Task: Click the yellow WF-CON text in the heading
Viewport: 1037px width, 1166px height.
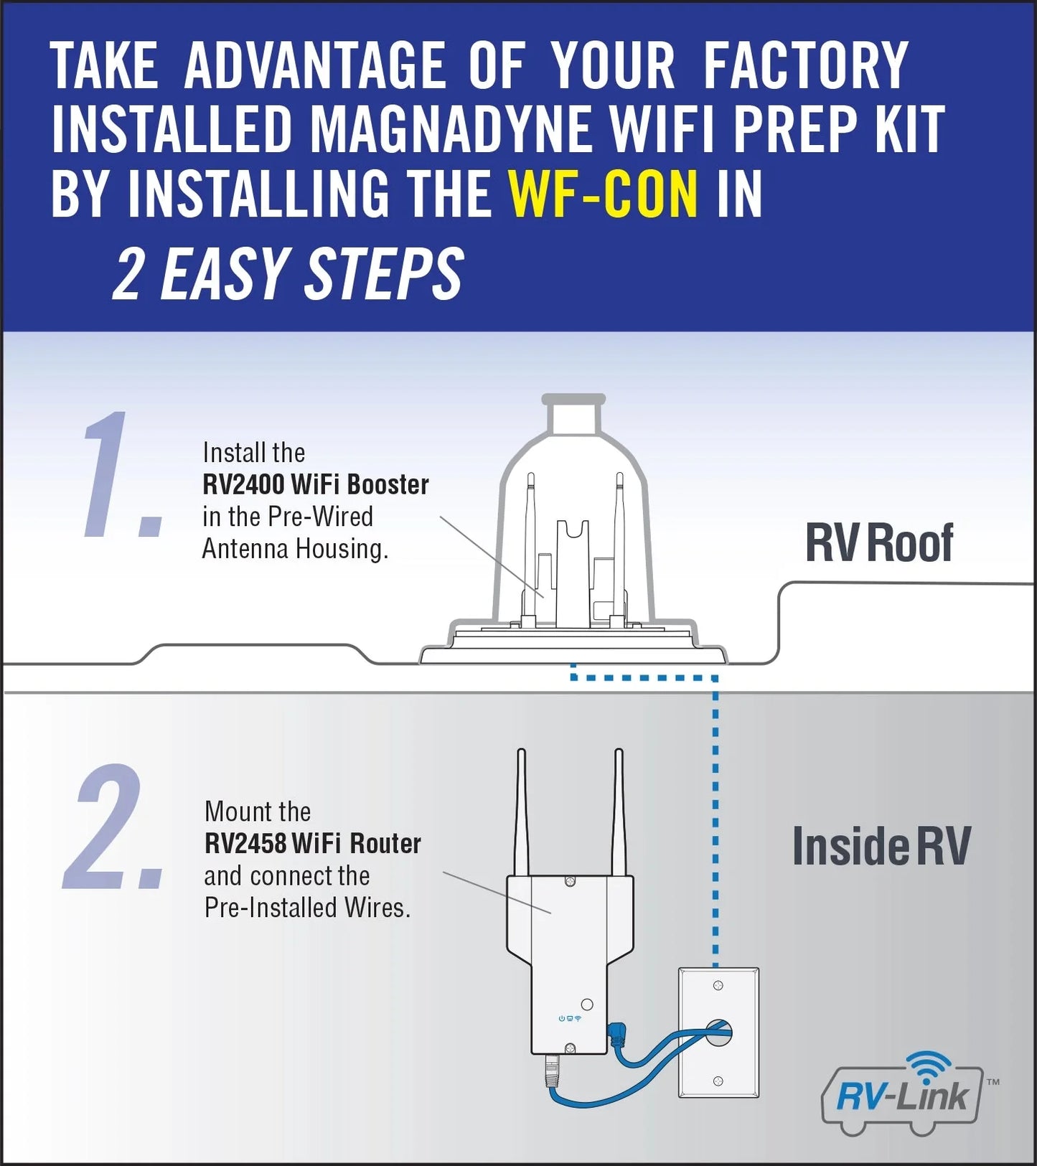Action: click(603, 194)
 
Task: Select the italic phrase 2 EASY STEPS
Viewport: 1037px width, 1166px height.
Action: click(288, 275)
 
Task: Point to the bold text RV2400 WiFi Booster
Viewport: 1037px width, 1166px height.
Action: click(315, 485)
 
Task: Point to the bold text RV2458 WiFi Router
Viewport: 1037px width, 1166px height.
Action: click(312, 844)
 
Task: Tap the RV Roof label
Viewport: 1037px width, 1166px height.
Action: click(878, 543)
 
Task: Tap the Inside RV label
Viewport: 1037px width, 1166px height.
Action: click(881, 847)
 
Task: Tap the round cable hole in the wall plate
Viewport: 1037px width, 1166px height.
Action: click(718, 1034)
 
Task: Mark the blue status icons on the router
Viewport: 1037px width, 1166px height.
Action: click(570, 1018)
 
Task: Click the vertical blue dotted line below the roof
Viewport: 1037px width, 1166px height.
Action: click(715, 825)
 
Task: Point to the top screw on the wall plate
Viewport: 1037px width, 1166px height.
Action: click(718, 987)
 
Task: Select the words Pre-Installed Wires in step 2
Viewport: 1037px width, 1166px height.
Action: click(307, 908)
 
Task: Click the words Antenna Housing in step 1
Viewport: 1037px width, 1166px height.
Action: click(294, 549)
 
